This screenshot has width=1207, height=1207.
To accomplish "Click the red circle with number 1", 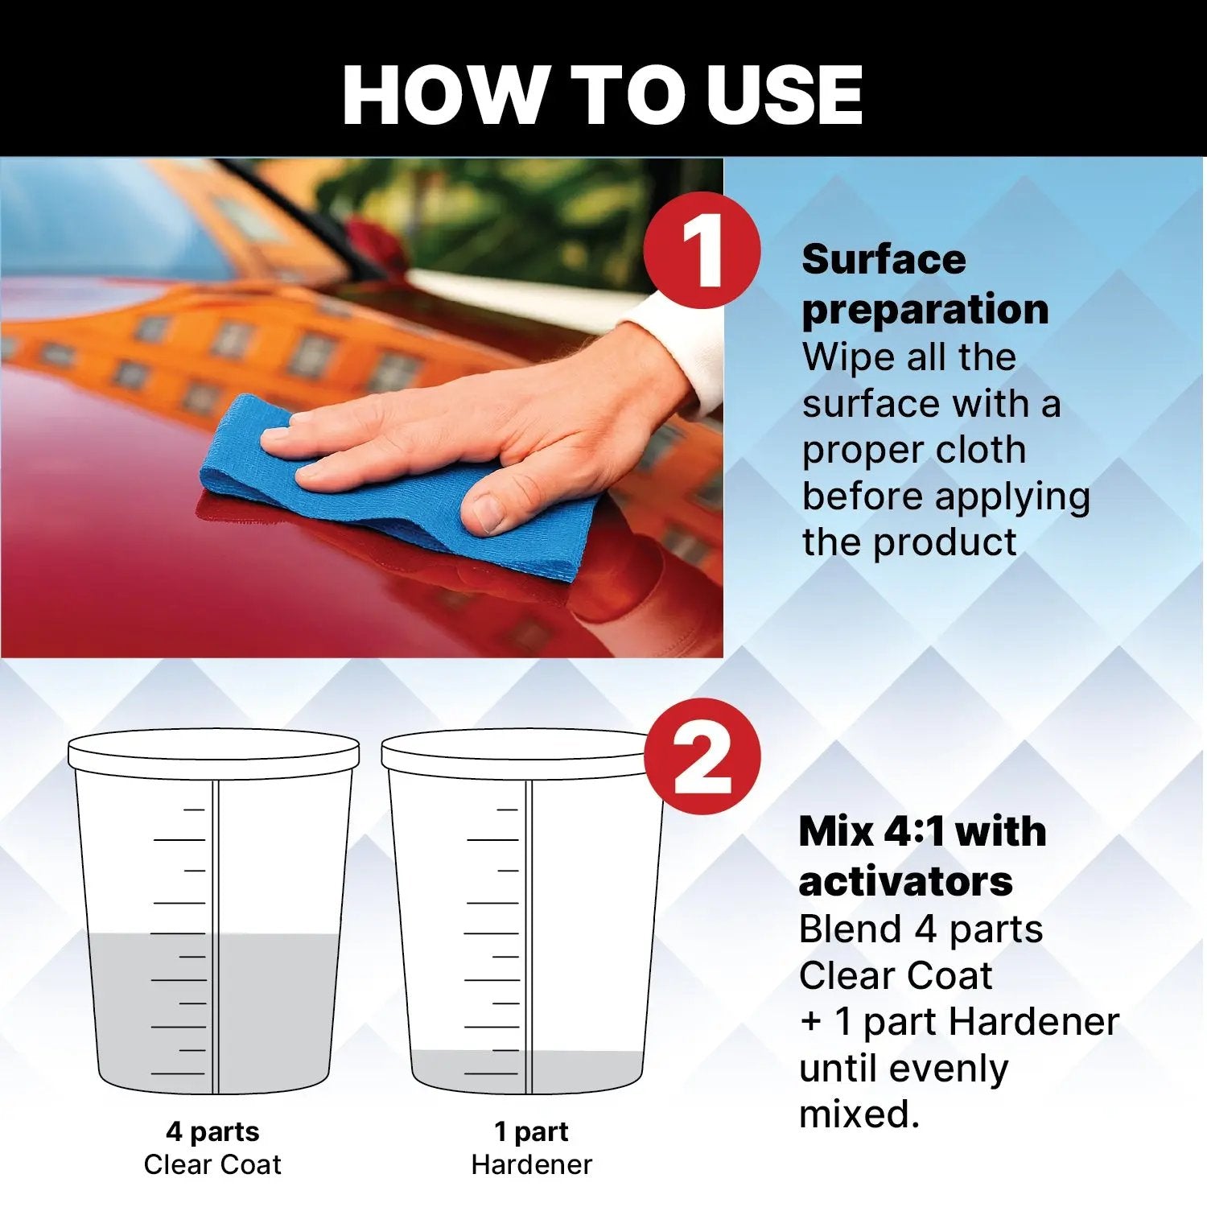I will (x=702, y=250).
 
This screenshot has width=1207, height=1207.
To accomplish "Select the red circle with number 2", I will (x=702, y=756).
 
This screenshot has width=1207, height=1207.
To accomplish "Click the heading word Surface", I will (x=884, y=260).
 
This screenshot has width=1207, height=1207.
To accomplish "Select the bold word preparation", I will (x=925, y=310).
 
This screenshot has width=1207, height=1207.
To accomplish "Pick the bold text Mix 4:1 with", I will (x=922, y=832).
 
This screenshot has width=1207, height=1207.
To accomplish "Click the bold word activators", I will (x=905, y=882).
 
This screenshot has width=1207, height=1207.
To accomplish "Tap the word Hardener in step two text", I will (x=1033, y=1022).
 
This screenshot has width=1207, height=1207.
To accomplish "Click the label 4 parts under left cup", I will (x=212, y=1131).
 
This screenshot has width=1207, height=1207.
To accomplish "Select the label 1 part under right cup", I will (x=531, y=1131).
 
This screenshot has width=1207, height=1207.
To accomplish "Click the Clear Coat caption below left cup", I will (x=212, y=1164).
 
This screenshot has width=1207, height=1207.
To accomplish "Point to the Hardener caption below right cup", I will (x=531, y=1164).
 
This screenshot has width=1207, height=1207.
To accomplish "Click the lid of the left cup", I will (x=213, y=753).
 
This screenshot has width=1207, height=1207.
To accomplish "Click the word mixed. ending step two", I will (x=859, y=1115).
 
